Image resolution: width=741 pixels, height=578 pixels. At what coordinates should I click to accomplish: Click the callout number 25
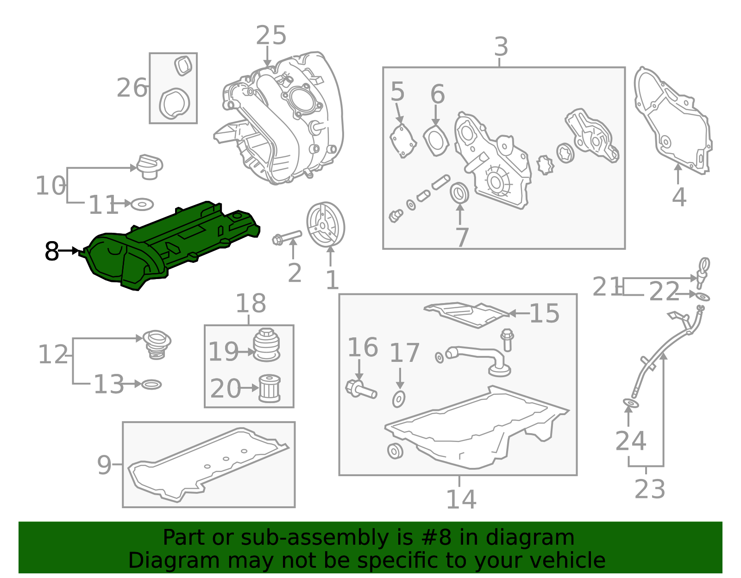click(x=271, y=35)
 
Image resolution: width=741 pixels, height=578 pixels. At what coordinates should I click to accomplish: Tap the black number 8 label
click(x=52, y=251)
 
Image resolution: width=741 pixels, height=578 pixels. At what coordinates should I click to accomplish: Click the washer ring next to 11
click(x=142, y=205)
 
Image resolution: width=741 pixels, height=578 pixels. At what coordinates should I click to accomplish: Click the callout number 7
click(x=462, y=237)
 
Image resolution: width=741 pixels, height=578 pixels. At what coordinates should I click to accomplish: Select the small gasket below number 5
click(x=403, y=141)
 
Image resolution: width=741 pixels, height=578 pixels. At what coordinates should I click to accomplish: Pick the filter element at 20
click(x=270, y=388)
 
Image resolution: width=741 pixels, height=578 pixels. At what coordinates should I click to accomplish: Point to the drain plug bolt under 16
click(x=361, y=389)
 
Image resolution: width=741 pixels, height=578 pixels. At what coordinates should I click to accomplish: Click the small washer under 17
click(x=399, y=399)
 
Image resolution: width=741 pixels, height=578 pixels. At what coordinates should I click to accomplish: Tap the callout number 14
click(x=461, y=500)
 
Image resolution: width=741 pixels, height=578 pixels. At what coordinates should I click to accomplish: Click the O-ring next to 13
click(x=151, y=385)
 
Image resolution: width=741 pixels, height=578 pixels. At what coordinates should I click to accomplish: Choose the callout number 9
click(x=104, y=465)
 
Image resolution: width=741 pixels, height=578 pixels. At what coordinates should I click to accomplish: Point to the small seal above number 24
click(x=631, y=404)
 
